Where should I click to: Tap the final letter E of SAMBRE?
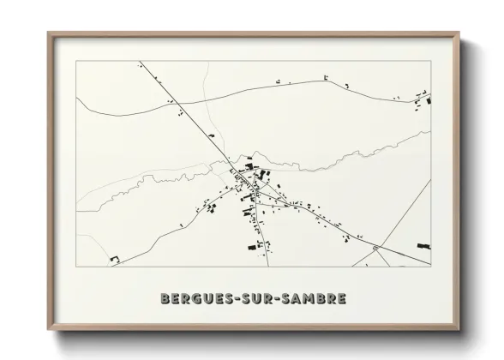coord(342,299)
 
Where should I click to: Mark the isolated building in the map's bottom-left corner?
coord(114,258)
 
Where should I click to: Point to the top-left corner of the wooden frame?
coord(49,34)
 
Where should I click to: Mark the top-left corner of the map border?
coord(76,61)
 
